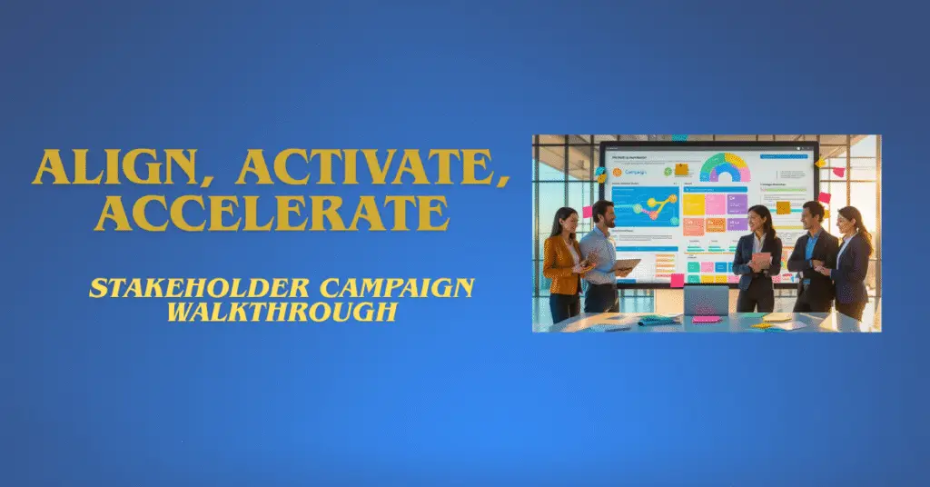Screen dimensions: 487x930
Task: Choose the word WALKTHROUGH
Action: (282, 312)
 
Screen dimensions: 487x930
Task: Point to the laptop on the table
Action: (705, 300)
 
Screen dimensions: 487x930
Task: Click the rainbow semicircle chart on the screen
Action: (725, 168)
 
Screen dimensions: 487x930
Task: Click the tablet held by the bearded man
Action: (627, 265)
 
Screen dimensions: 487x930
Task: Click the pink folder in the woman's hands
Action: (761, 262)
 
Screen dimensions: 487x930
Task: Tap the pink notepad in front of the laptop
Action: (707, 320)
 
